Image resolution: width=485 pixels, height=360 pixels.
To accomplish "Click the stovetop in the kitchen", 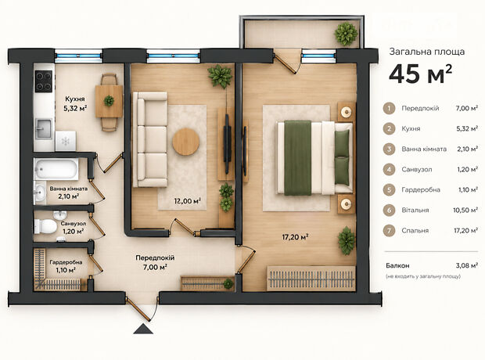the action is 44,81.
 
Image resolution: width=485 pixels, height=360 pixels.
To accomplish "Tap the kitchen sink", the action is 44,129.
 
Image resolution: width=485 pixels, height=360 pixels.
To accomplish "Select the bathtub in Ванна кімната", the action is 56,169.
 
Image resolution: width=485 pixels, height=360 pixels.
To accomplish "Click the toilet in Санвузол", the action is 45,226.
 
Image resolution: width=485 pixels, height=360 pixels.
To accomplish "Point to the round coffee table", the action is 185,142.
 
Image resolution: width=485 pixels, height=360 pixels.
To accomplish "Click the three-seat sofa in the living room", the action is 150,139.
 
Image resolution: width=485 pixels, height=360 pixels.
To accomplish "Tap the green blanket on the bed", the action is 297,158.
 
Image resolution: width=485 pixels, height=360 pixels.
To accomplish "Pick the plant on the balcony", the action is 346,34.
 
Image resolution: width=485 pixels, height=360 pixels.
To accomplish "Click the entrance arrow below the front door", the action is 143,329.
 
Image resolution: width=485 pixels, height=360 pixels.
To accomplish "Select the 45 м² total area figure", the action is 421,74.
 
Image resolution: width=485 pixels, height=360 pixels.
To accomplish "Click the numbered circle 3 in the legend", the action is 389,149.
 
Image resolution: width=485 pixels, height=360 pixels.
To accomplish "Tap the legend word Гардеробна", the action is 421,189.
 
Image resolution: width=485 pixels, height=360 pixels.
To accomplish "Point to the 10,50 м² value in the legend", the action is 465,211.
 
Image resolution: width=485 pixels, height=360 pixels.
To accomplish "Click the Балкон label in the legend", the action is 397,265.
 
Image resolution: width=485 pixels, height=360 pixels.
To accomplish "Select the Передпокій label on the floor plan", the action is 155,257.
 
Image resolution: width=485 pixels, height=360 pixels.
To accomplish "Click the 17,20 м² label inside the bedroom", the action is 296,237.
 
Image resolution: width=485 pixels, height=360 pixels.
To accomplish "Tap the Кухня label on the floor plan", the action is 75,99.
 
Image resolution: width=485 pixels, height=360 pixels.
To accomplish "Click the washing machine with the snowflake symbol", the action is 66,141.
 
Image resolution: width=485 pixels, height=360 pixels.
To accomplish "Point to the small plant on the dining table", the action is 109,101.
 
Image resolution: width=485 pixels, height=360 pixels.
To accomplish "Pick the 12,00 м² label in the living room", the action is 188,201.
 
